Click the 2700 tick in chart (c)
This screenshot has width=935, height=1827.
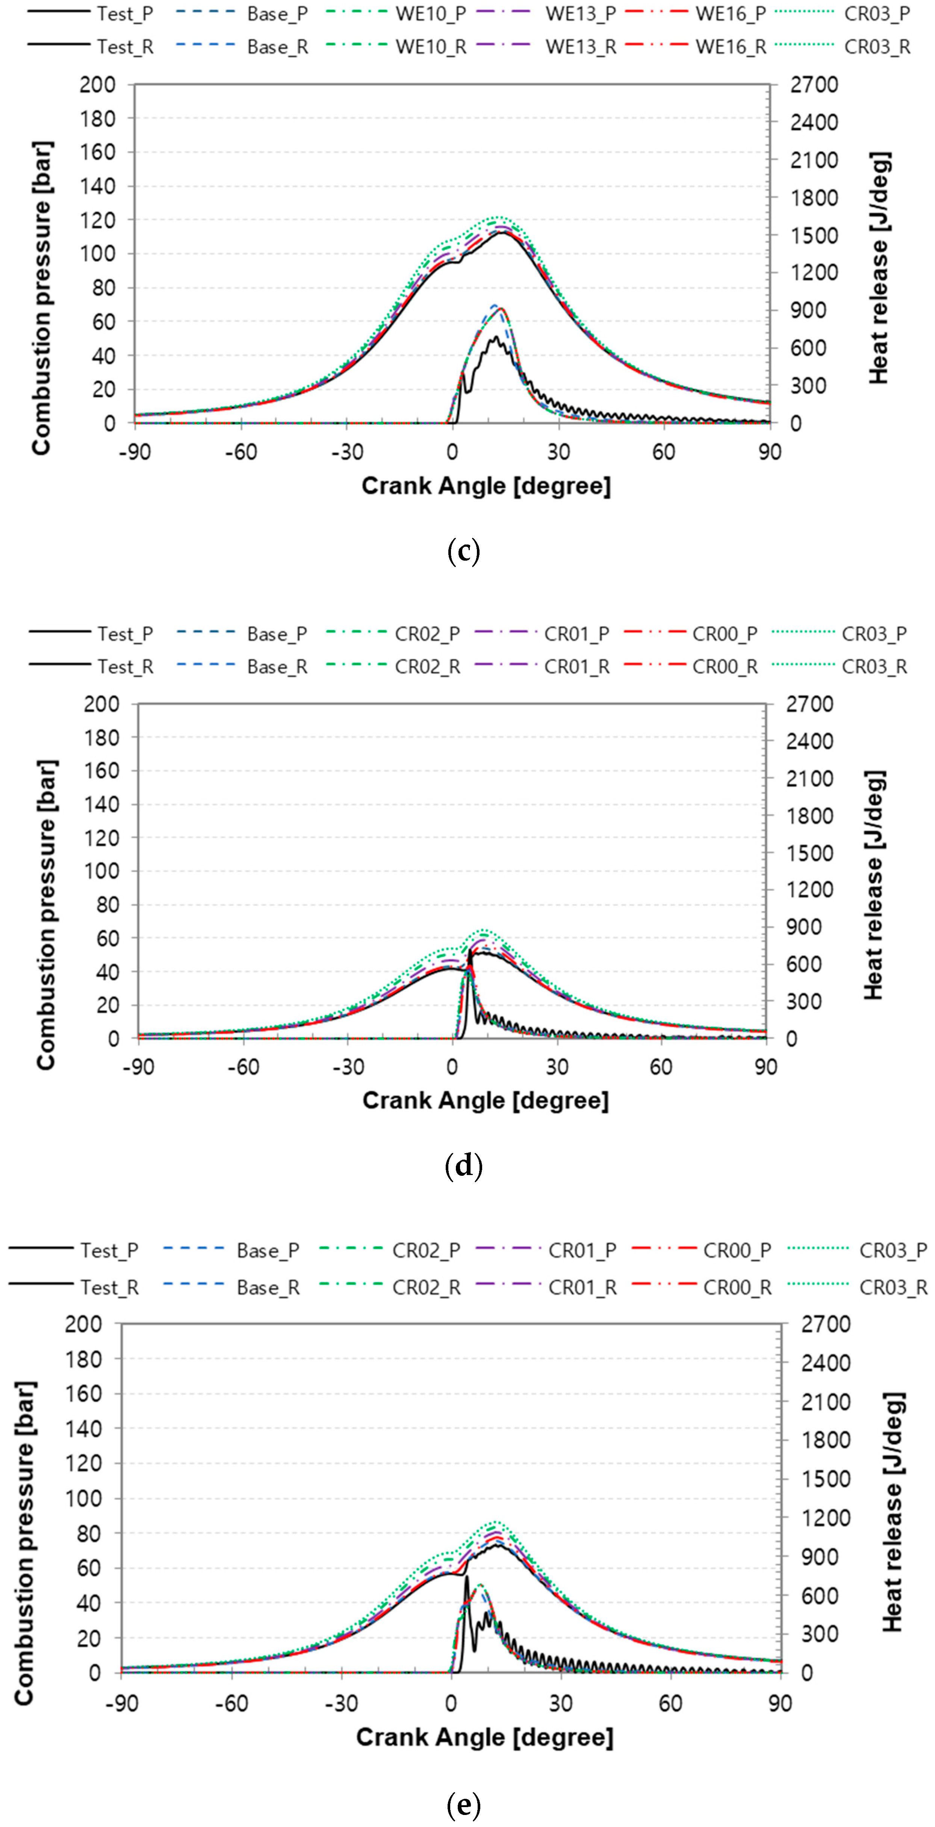[x=814, y=85]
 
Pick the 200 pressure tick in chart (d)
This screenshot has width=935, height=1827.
[x=101, y=704]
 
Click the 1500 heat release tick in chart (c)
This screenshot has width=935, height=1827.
[x=814, y=236]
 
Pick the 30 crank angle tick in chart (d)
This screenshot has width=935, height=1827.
[x=557, y=1068]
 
